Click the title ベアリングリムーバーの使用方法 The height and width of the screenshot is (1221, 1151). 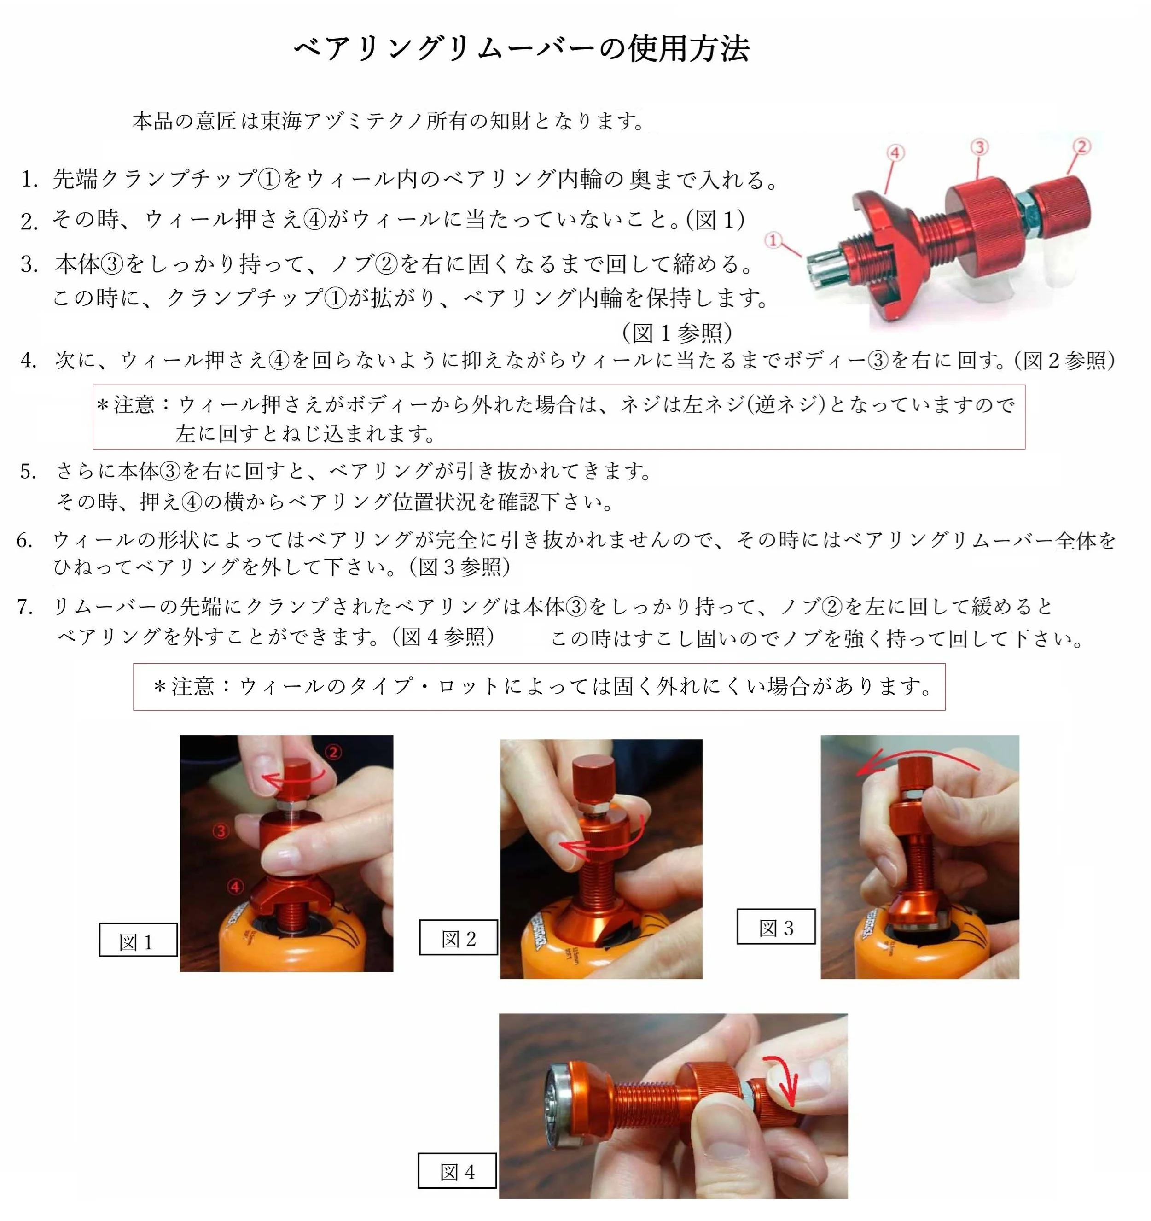[522, 48]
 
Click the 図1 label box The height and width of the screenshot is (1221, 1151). [138, 940]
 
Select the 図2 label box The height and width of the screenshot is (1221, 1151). [459, 937]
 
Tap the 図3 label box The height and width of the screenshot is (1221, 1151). [776, 926]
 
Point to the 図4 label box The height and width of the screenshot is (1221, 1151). [457, 1171]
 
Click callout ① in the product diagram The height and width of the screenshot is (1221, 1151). [774, 240]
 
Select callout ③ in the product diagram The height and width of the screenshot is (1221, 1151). [980, 147]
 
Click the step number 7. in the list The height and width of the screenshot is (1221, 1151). [25, 608]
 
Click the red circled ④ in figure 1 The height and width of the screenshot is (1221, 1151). [235, 886]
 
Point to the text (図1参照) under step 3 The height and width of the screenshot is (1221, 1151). [677, 333]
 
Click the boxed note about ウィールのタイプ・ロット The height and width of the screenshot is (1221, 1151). [539, 687]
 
